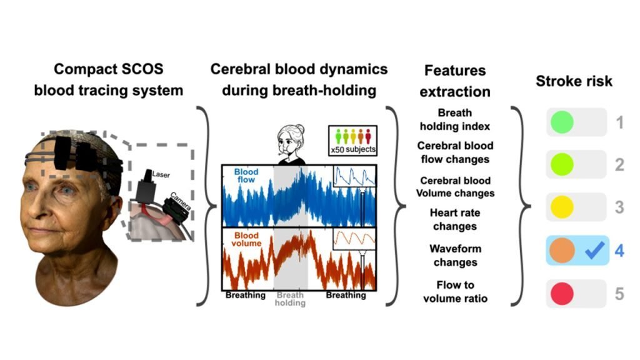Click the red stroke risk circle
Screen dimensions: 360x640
[x=561, y=293]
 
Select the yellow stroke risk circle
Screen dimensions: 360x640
[x=561, y=207]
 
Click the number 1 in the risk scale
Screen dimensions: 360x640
[x=619, y=122]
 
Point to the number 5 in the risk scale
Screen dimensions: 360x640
[x=619, y=293]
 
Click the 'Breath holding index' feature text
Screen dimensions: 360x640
[x=454, y=120]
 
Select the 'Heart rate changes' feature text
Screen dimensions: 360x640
[x=454, y=219]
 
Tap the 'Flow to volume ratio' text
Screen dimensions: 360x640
[x=455, y=291]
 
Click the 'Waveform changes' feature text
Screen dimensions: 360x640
[x=454, y=255]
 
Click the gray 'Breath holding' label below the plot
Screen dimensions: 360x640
[x=291, y=298]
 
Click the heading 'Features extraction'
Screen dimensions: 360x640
[x=454, y=81]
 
